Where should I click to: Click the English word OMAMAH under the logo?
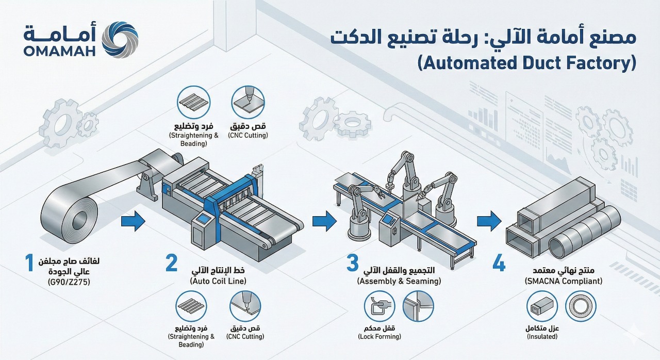[x=59, y=51]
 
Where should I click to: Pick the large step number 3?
[x=352, y=263]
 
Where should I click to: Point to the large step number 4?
[x=499, y=263]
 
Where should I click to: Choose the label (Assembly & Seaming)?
[x=399, y=282]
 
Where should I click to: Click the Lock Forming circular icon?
[x=380, y=306]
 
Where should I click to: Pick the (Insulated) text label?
[x=541, y=337]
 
